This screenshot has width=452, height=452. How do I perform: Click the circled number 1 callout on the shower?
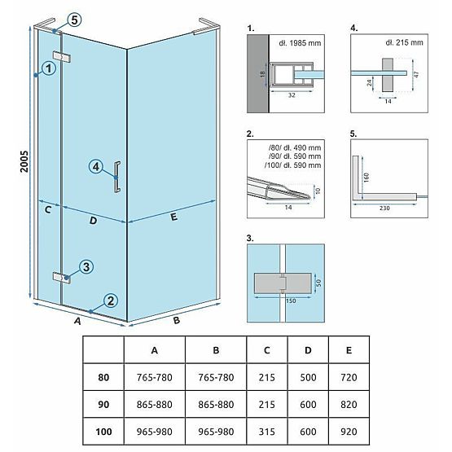(49, 69)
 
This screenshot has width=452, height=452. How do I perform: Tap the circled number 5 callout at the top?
(75, 20)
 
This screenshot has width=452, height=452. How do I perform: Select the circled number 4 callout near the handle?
(96, 167)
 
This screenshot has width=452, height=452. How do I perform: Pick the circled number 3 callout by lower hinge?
(86, 266)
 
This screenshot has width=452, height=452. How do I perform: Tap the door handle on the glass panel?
(119, 177)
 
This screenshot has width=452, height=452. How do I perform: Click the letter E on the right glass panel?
(173, 217)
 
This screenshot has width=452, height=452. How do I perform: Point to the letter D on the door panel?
(93, 221)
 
